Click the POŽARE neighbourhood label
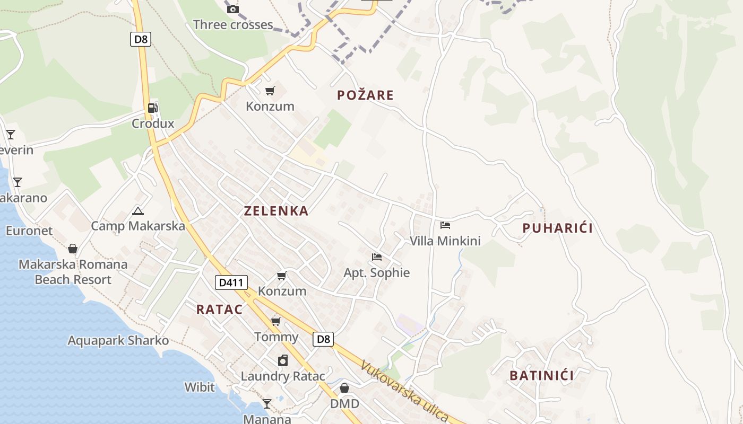click(x=366, y=95)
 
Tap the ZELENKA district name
click(x=276, y=211)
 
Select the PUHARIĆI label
click(x=557, y=228)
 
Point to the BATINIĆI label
click(x=541, y=376)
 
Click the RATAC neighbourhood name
click(x=219, y=310)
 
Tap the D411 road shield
click(x=231, y=282)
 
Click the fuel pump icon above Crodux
click(x=152, y=108)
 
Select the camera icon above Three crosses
click(x=232, y=9)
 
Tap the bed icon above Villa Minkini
click(x=445, y=225)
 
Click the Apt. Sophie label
click(x=377, y=273)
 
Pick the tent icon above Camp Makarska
click(x=138, y=211)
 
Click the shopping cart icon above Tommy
click(x=276, y=321)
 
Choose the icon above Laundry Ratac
click(x=283, y=360)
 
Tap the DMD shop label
click(x=344, y=404)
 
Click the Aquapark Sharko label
click(x=118, y=340)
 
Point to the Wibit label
click(x=200, y=387)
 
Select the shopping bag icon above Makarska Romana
click(x=73, y=249)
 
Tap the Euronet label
click(x=29, y=231)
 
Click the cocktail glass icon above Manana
click(x=267, y=404)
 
